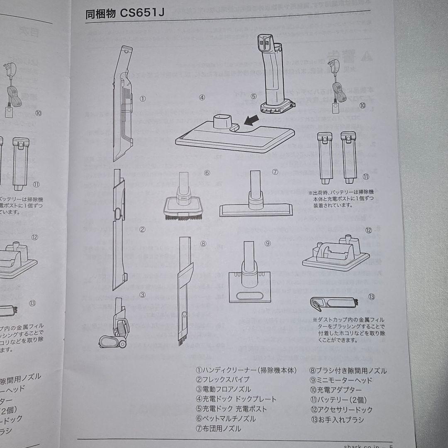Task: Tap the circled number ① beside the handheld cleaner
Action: coord(142,99)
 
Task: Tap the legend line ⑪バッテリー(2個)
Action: coord(338,400)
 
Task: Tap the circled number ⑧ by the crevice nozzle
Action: coord(203,244)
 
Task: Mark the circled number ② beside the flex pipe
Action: coord(142,229)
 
